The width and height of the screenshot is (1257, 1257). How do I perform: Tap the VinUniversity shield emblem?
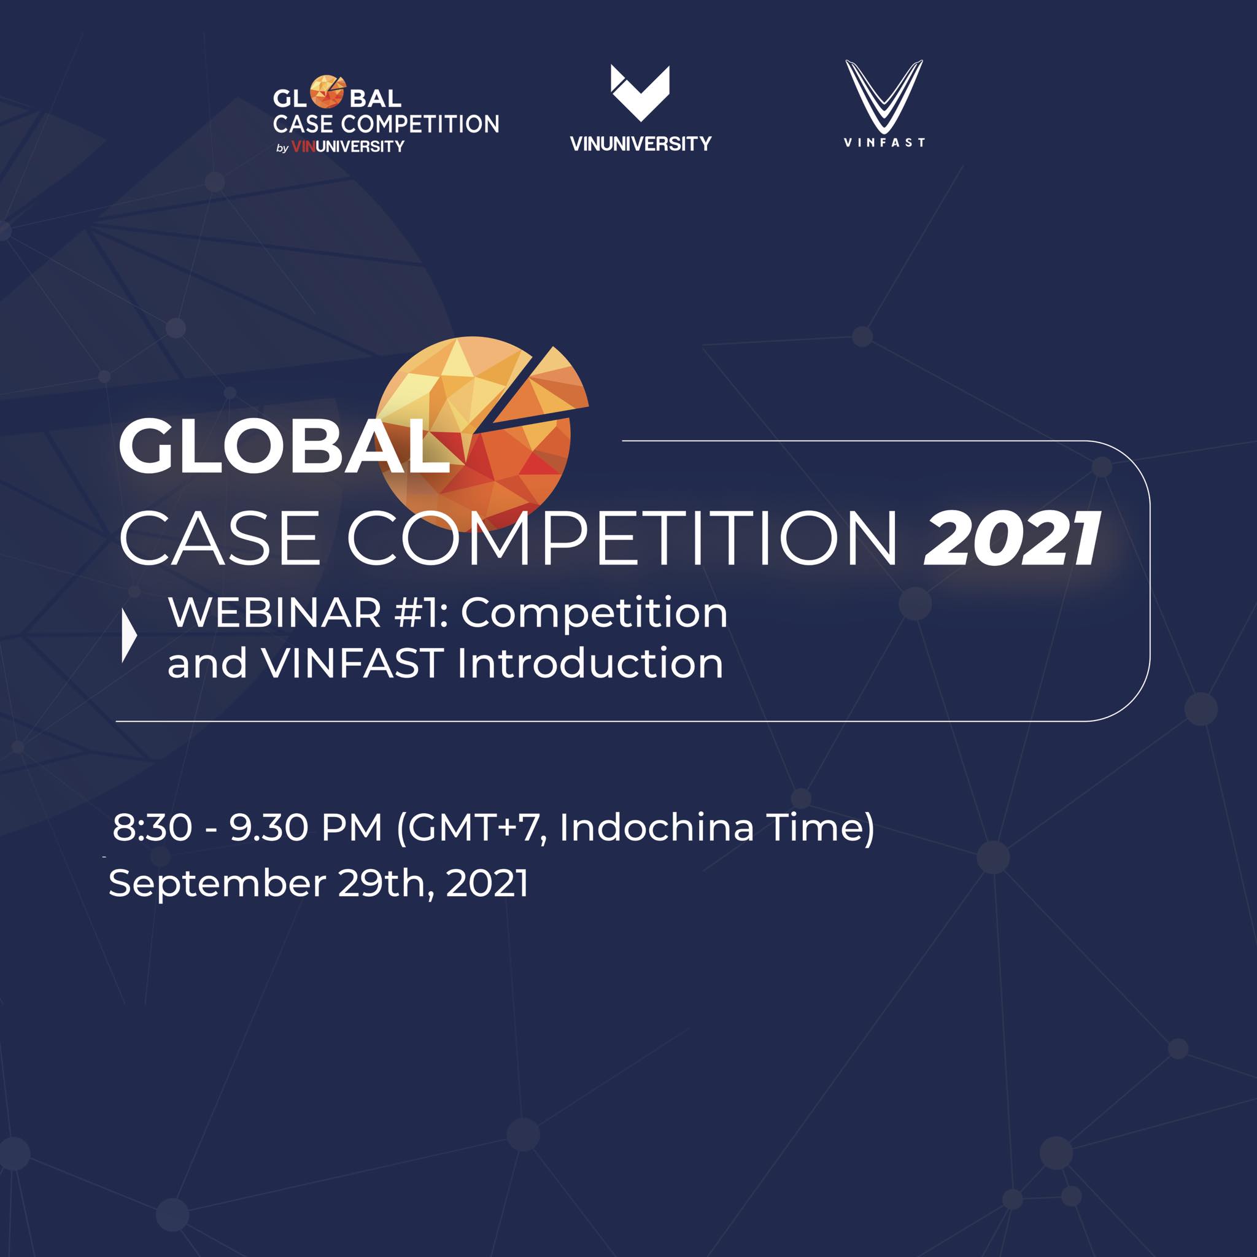(x=640, y=93)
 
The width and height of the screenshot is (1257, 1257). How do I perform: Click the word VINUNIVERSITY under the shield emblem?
(x=641, y=144)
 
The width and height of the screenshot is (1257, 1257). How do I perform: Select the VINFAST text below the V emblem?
(x=884, y=142)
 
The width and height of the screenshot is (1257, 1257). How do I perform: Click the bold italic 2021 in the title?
(x=1012, y=539)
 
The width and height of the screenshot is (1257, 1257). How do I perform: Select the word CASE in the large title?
(x=220, y=539)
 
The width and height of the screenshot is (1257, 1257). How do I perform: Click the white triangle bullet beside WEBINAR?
(x=129, y=637)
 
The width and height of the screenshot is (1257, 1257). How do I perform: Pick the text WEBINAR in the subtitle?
(x=274, y=613)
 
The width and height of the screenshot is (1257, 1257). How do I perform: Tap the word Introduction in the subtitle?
(x=590, y=663)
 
